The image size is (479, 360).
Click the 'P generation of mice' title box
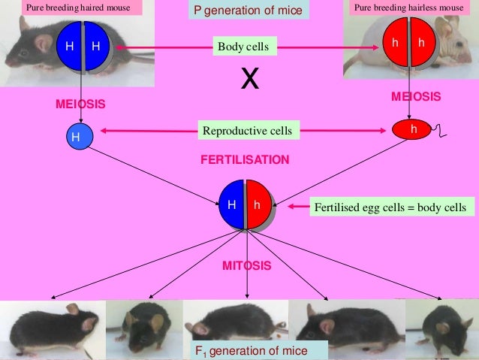coord(248,11)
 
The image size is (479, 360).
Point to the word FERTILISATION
coord(244,160)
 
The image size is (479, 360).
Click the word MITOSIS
coord(246,266)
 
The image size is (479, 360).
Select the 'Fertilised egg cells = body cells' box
coord(390,207)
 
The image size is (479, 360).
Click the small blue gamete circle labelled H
coord(75,138)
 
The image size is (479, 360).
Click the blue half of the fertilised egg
coord(232,204)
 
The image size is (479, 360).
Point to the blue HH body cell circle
coord(82,47)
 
